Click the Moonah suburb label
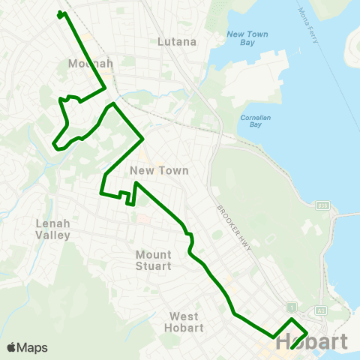(90, 64)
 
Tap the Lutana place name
(177, 42)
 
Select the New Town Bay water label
(247, 39)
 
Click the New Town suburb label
(158, 171)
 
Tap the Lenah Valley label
(52, 229)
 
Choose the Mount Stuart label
(154, 260)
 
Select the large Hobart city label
(312, 342)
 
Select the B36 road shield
(323, 204)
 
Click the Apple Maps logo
(27, 347)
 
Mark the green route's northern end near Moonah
(59, 14)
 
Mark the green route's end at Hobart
(291, 348)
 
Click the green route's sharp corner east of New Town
(142, 138)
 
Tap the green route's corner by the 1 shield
(292, 320)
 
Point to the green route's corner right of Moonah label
(103, 88)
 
